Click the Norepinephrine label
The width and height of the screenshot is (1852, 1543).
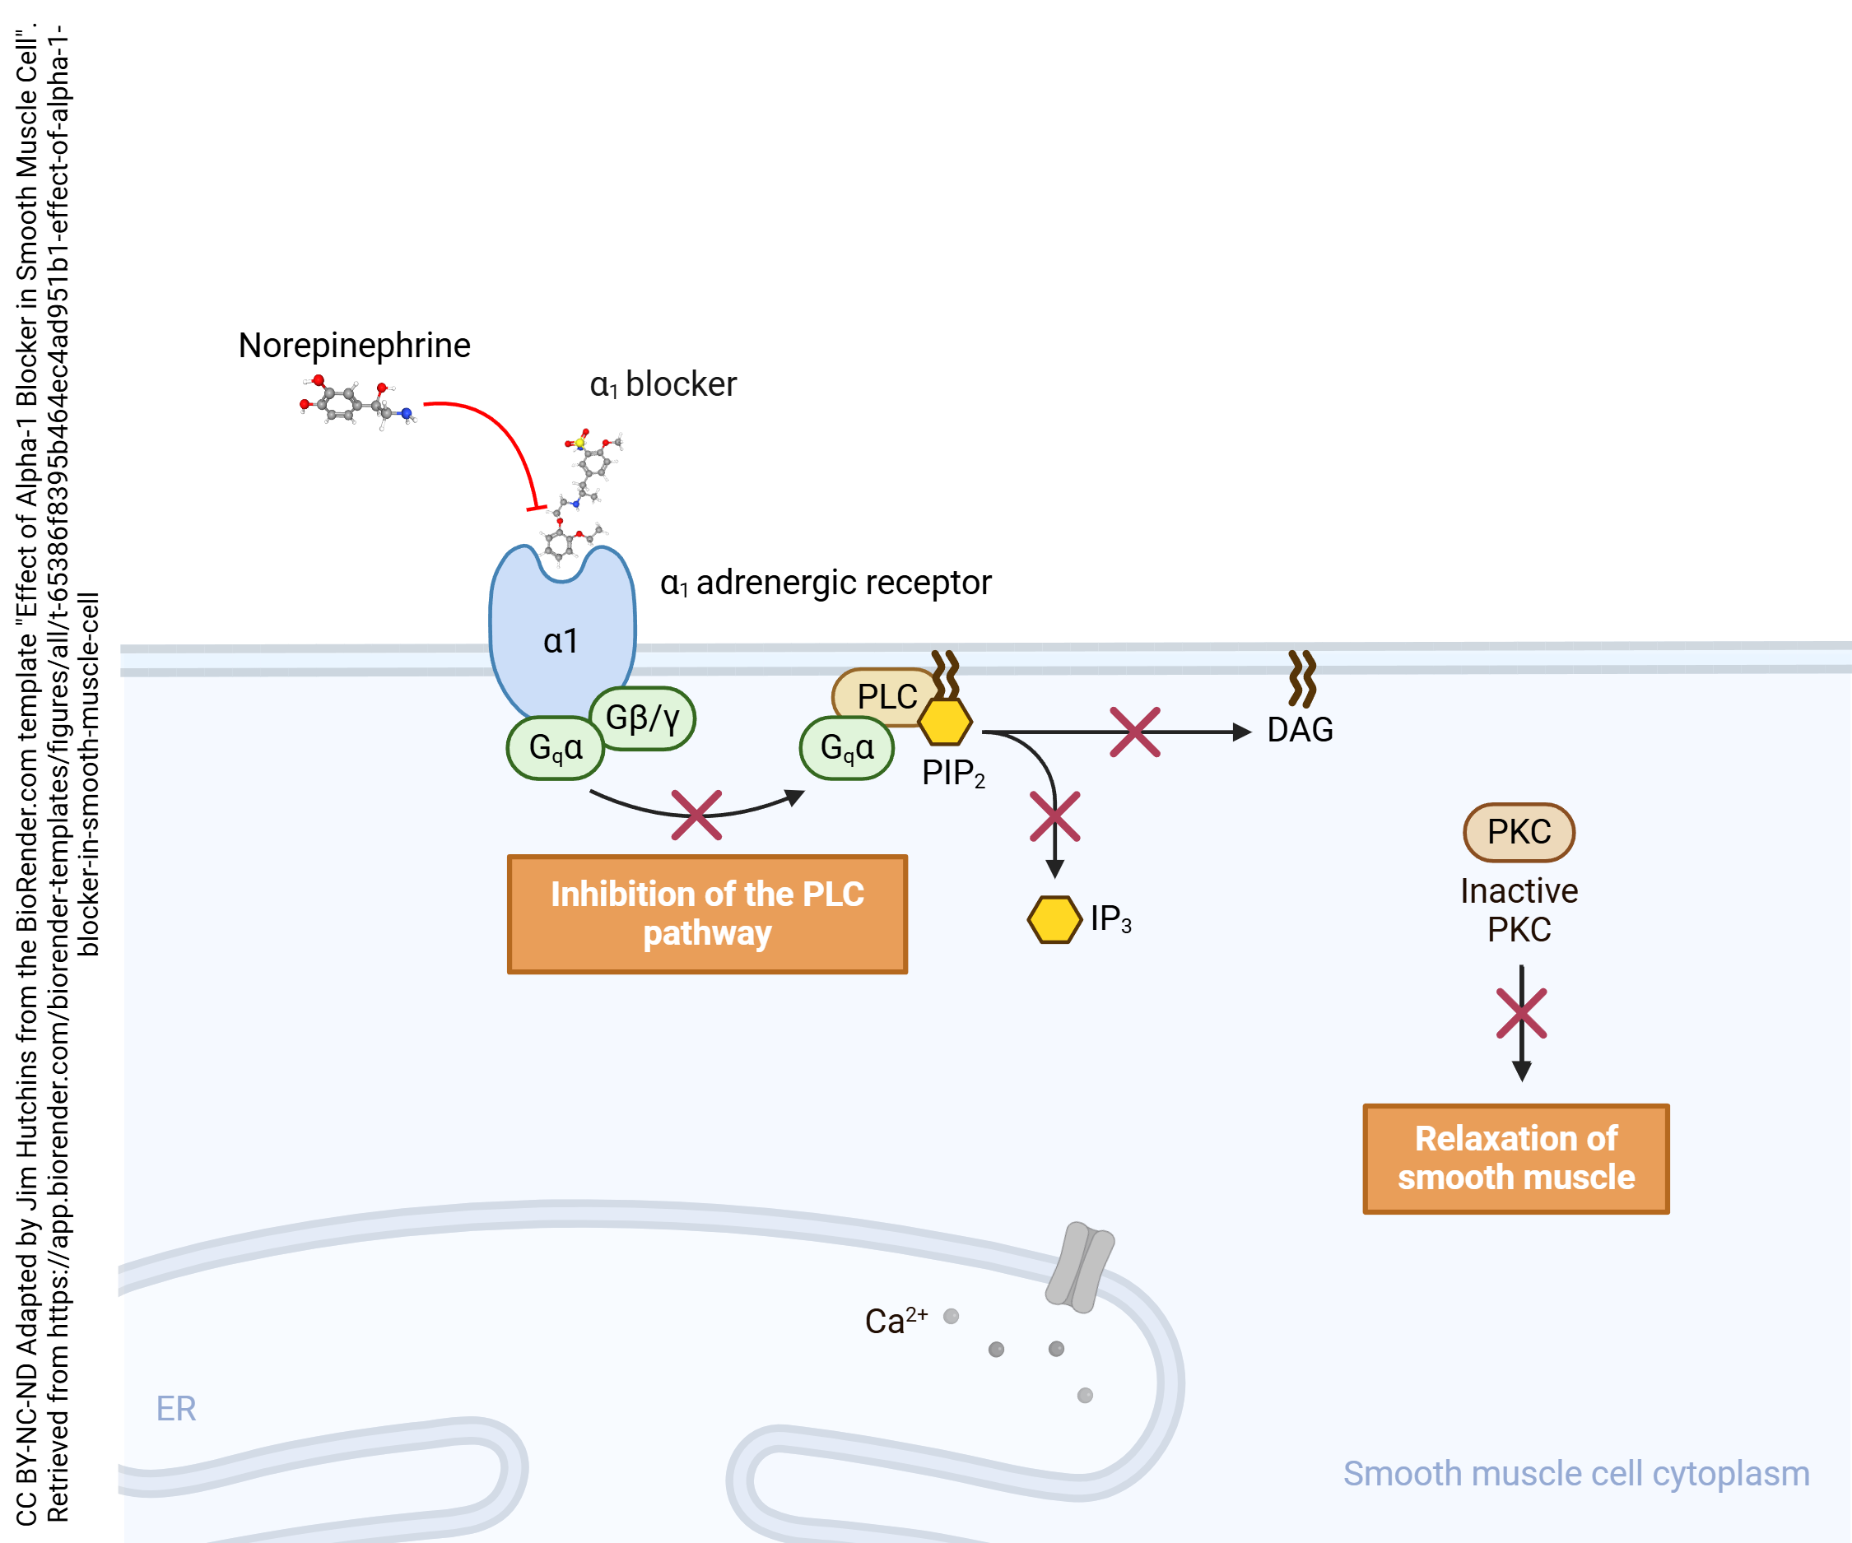(x=354, y=345)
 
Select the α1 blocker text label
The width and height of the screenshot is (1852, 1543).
(x=663, y=384)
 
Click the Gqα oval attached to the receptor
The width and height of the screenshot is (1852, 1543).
(x=555, y=748)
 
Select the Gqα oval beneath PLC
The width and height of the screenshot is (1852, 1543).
(x=847, y=748)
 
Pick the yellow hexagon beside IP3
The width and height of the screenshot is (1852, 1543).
(x=1054, y=920)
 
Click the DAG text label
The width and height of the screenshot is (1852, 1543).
(x=1299, y=730)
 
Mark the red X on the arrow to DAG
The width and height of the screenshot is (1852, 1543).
(x=1134, y=732)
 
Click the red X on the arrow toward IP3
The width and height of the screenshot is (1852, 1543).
(x=1054, y=816)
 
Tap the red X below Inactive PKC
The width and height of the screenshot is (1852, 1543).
(x=1521, y=1013)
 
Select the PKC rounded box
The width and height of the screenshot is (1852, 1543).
(x=1519, y=831)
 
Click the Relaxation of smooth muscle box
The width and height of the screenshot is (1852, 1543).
(x=1515, y=1159)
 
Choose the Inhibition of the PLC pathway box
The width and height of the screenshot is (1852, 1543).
(x=706, y=913)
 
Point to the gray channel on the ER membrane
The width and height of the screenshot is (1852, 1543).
(x=1079, y=1267)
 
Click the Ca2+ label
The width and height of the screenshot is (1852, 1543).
(x=896, y=1321)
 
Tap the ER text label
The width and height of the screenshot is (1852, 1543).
(x=175, y=1408)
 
